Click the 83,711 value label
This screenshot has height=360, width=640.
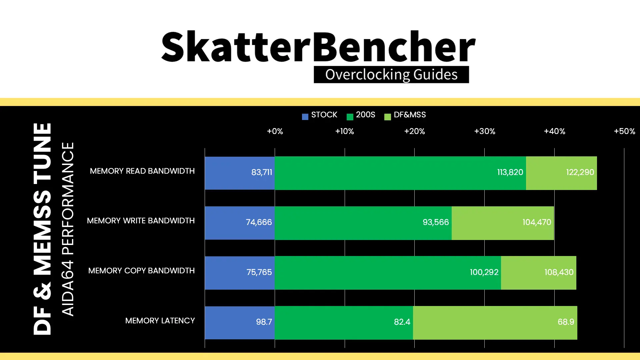click(262, 172)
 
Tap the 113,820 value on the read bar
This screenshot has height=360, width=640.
click(510, 172)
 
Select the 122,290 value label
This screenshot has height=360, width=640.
click(580, 172)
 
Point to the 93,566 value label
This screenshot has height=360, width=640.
click(436, 222)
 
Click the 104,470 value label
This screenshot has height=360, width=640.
click(537, 222)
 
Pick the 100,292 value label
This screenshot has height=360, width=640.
click(484, 272)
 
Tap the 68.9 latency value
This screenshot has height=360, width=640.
click(566, 322)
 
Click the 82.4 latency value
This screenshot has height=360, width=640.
click(402, 322)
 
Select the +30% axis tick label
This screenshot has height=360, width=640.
click(485, 131)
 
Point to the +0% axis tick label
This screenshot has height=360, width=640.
click(275, 131)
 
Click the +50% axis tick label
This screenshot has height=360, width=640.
click(624, 131)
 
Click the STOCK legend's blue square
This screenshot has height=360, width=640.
click(305, 117)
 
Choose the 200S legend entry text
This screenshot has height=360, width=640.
click(365, 115)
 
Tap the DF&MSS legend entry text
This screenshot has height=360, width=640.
click(410, 115)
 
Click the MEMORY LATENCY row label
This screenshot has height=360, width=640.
click(160, 321)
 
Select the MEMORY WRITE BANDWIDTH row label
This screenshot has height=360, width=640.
click(141, 221)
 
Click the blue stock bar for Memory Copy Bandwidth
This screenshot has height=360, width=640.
click(240, 273)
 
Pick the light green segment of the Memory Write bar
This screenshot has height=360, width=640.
click(503, 223)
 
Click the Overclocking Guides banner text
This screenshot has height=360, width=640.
click(391, 75)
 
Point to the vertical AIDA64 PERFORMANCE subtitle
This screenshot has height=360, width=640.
click(68, 229)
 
